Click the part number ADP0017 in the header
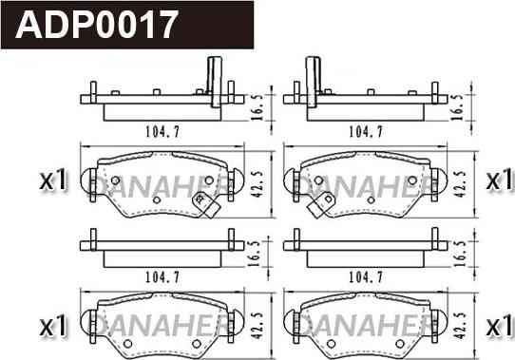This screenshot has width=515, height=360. [97, 25]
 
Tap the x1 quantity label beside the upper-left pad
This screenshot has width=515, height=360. [53, 180]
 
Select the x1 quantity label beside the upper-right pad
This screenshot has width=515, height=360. [499, 180]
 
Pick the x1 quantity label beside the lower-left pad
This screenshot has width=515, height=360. [53, 326]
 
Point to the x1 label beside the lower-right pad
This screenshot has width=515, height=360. [499, 326]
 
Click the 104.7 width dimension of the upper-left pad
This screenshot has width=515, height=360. [162, 132]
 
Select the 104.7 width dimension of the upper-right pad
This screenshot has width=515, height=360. [366, 132]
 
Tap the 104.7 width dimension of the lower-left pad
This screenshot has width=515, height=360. [162, 277]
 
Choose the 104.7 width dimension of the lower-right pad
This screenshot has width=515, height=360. [366, 277]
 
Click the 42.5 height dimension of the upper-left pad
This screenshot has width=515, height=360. [257, 184]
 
